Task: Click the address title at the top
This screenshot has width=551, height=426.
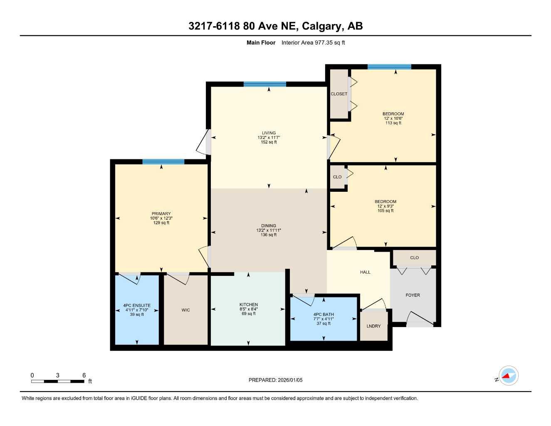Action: pyautogui.click(x=275, y=26)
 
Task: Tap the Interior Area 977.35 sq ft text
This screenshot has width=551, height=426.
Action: pyautogui.click(x=313, y=42)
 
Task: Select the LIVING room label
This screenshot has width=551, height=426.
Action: pyautogui.click(x=269, y=133)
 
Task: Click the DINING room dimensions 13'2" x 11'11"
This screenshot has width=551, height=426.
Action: pyautogui.click(x=269, y=230)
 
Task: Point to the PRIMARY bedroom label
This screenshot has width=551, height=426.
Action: pyautogui.click(x=161, y=214)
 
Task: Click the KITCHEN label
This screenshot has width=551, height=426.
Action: pyautogui.click(x=249, y=305)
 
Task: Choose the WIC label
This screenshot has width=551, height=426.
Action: pyautogui.click(x=185, y=310)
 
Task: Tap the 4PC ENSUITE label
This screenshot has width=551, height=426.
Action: pyautogui.click(x=137, y=305)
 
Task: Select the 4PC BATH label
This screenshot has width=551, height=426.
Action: pyautogui.click(x=324, y=315)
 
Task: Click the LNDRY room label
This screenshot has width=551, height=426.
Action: pyautogui.click(x=373, y=326)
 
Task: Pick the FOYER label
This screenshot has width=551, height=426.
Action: pyautogui.click(x=413, y=295)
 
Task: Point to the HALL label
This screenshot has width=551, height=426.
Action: pyautogui.click(x=365, y=272)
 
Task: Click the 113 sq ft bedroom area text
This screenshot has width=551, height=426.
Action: pyautogui.click(x=393, y=123)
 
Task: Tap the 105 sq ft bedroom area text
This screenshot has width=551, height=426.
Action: pyautogui.click(x=385, y=211)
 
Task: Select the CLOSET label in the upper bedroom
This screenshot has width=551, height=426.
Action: pyautogui.click(x=339, y=94)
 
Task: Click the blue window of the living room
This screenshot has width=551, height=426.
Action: pyautogui.click(x=265, y=84)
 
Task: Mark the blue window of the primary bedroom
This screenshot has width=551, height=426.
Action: pyautogui.click(x=163, y=162)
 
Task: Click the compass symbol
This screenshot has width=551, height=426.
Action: pyautogui.click(x=508, y=376)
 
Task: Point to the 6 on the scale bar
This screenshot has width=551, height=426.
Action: pyautogui.click(x=84, y=375)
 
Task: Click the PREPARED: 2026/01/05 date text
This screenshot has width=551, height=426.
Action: pyautogui.click(x=275, y=380)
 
